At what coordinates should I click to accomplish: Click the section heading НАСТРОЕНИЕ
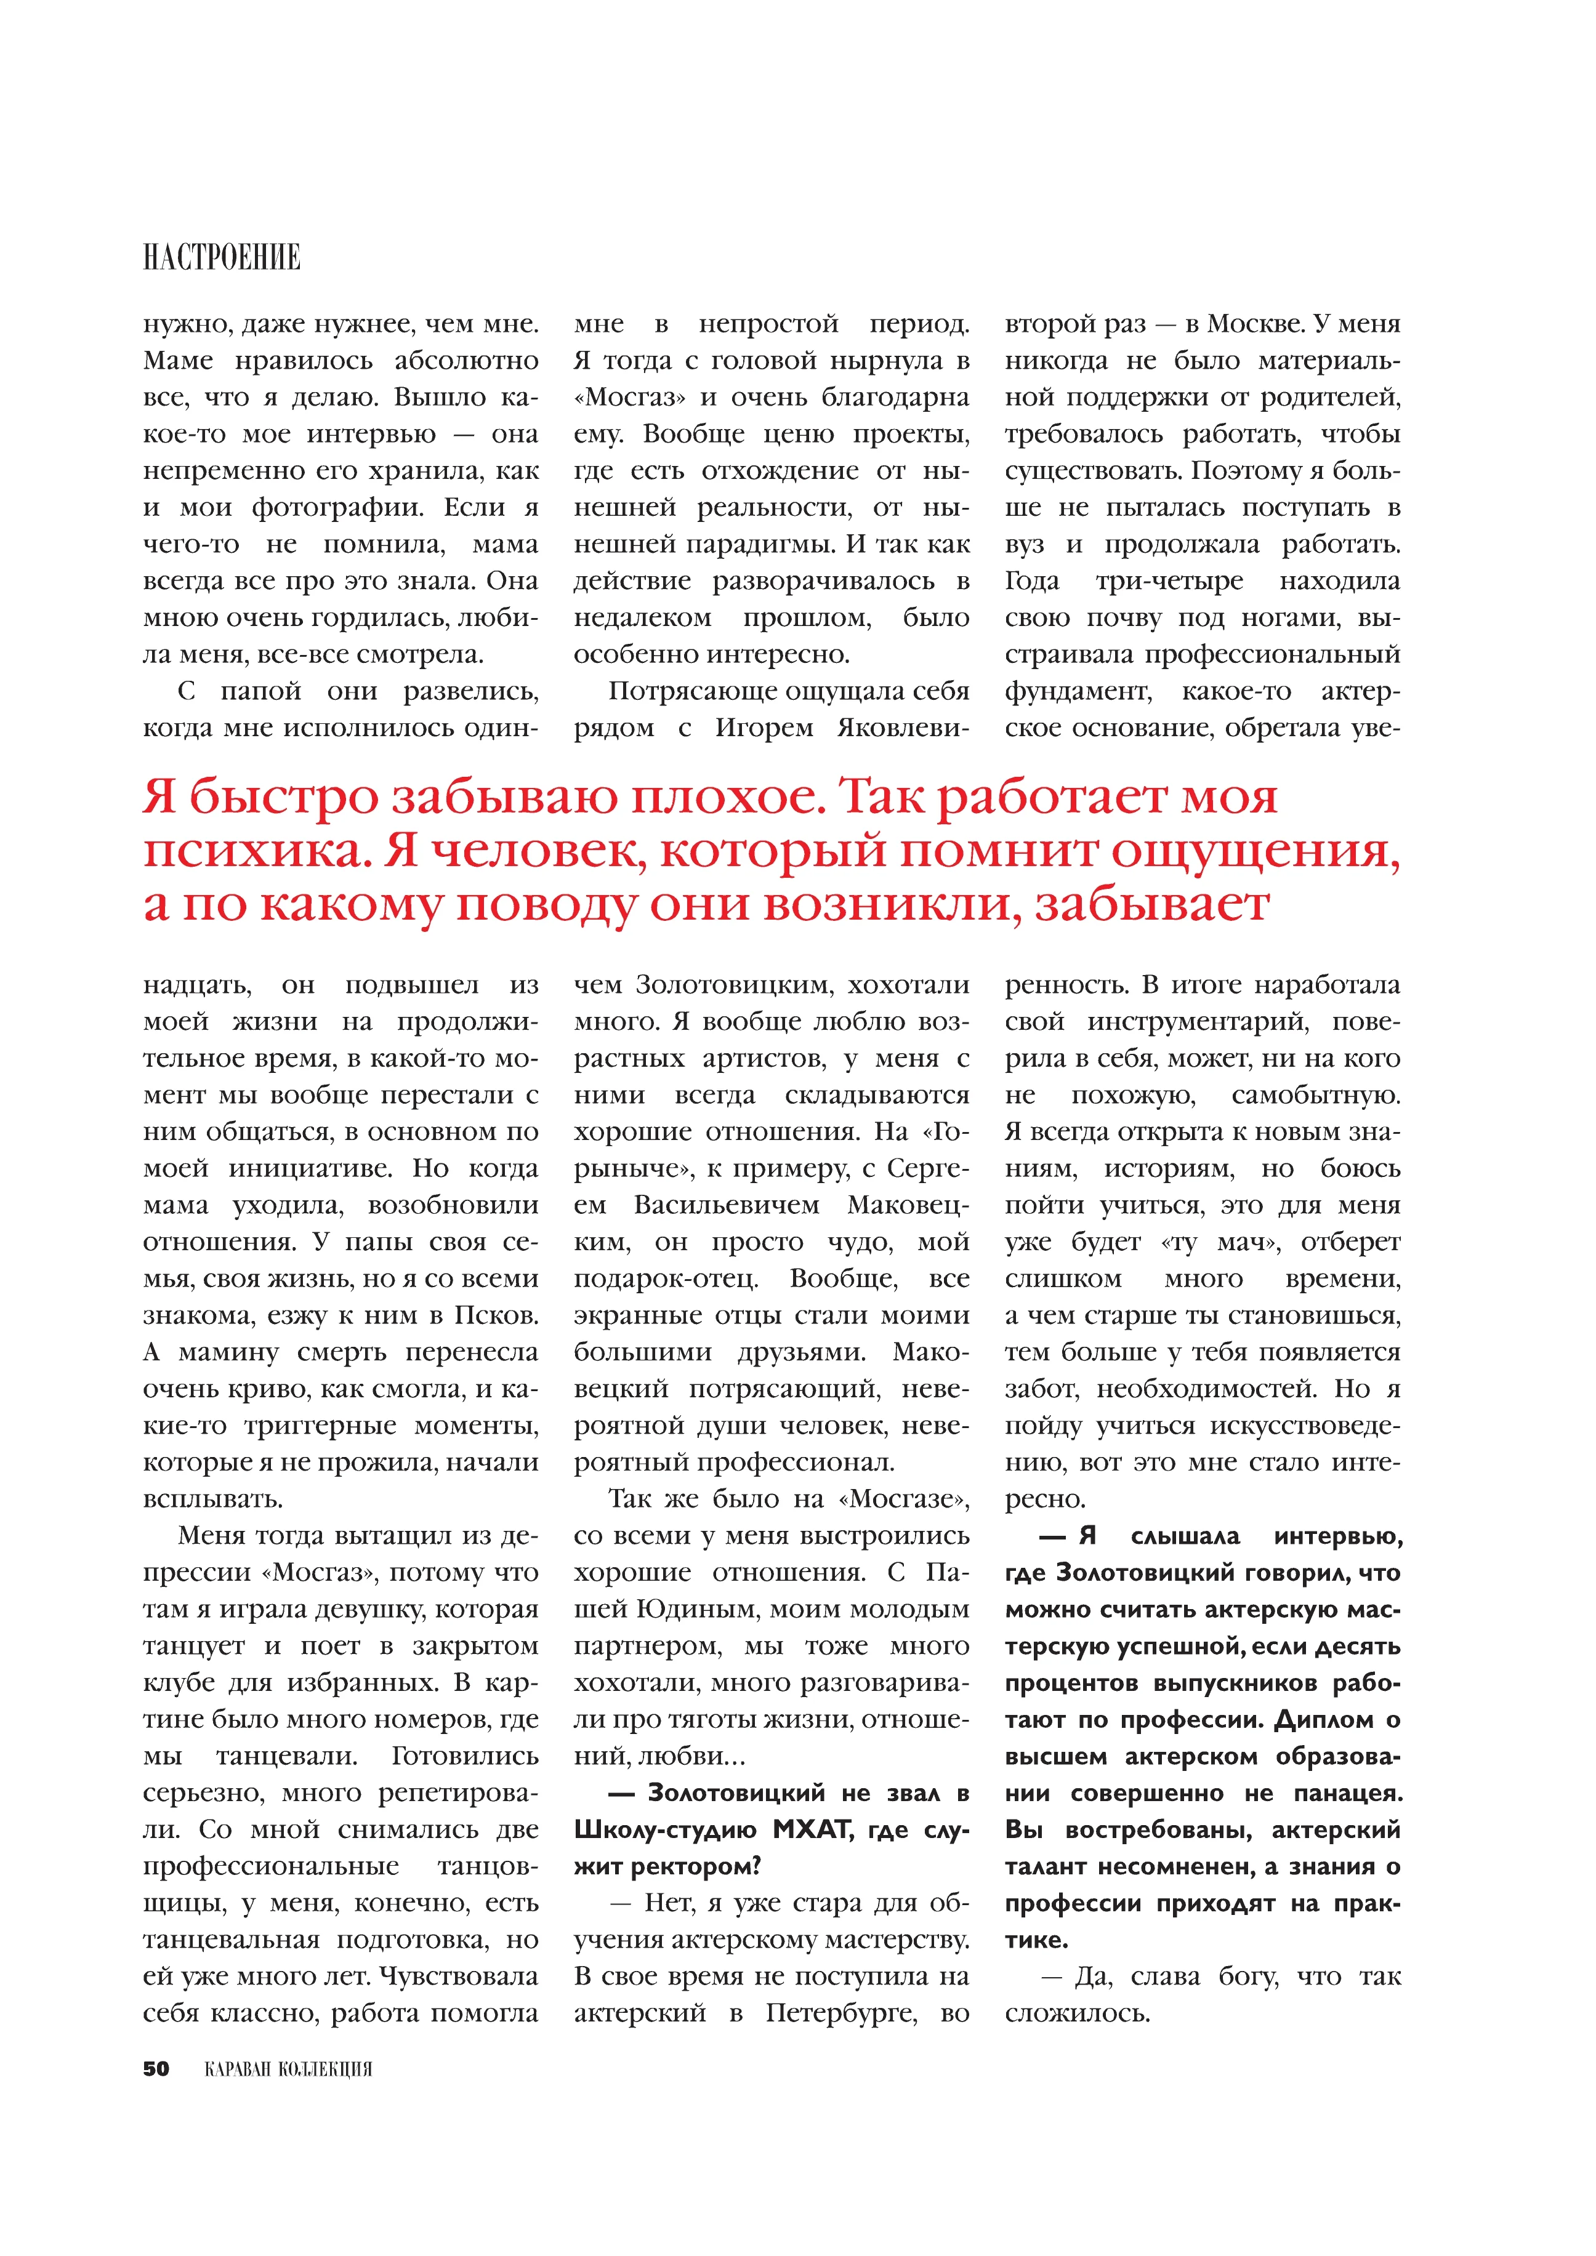(222, 257)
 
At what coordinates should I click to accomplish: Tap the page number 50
(156, 2068)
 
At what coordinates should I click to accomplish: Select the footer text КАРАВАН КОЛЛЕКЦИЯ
(288, 2069)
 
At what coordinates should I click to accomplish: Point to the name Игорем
(764, 728)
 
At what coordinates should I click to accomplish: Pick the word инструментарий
(1197, 1022)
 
